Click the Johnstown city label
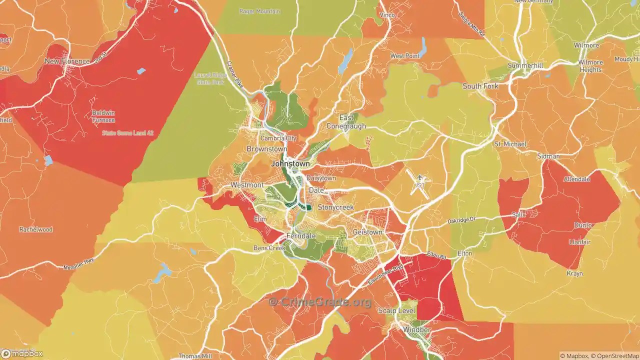(x=290, y=163)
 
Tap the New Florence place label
(x=67, y=61)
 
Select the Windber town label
(x=416, y=330)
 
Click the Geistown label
(x=367, y=232)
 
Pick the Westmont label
(x=247, y=185)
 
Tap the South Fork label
(x=480, y=86)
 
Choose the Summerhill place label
(x=525, y=65)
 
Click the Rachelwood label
(x=36, y=229)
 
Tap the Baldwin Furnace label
(x=103, y=116)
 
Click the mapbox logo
(x=22, y=354)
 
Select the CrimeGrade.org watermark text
(x=320, y=302)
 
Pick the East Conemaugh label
(x=346, y=122)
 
